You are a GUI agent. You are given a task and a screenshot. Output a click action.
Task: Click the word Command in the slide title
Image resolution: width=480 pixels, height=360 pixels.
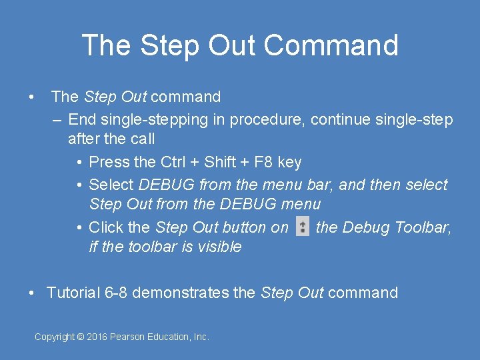[x=331, y=45]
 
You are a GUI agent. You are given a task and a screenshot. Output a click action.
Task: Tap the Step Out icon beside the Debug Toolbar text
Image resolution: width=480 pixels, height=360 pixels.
[x=303, y=227]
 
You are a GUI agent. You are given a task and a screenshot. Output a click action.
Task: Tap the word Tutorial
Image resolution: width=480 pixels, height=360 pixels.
[x=73, y=293]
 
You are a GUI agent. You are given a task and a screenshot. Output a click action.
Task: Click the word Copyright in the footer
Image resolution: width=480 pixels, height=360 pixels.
[x=54, y=337]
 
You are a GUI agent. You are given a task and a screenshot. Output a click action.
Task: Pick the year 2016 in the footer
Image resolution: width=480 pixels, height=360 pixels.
[x=97, y=337]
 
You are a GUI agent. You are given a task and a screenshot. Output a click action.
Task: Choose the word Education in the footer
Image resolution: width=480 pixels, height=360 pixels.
[x=169, y=337]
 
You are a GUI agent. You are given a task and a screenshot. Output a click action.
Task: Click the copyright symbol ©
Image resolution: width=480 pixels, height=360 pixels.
[x=81, y=337]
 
